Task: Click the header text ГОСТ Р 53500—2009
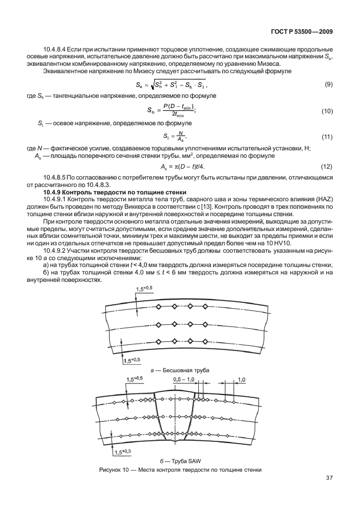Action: point(301,33)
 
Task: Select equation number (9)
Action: point(329,85)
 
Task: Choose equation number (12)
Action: point(327,167)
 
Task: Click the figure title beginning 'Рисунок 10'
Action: point(181,470)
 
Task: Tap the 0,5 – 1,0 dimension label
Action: point(183,379)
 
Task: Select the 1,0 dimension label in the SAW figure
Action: point(241,379)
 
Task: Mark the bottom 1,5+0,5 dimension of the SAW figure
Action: point(122,452)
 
